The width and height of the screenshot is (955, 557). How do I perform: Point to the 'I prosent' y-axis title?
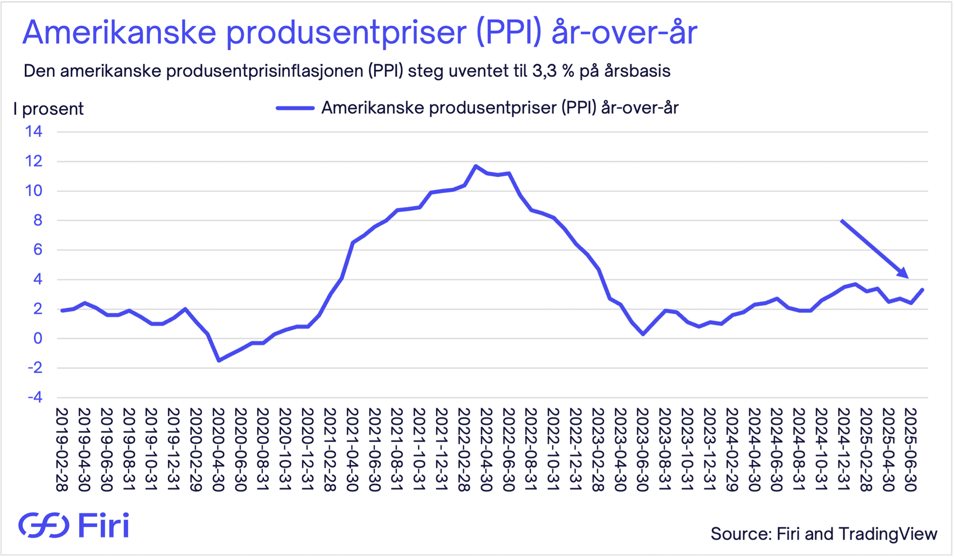[x=49, y=109]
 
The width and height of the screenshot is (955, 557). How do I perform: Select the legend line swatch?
[x=295, y=108]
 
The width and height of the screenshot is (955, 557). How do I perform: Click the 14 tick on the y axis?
[x=34, y=132]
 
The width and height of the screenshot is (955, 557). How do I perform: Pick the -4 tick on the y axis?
[x=34, y=397]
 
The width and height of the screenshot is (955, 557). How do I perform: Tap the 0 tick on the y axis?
[x=38, y=339]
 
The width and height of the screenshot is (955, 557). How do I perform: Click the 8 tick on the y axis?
[x=38, y=220]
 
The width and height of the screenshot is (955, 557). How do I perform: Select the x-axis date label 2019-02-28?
[x=62, y=450]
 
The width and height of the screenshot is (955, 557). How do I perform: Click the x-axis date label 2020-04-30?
[x=218, y=450]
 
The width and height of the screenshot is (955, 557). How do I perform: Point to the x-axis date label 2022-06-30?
[x=509, y=450]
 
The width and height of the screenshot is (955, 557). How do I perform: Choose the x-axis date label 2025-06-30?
[x=911, y=450]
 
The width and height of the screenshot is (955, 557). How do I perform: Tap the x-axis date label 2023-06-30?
[x=643, y=450]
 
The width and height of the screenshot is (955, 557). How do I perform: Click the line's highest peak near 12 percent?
[x=476, y=166]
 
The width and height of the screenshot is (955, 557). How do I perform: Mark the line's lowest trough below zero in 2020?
[x=219, y=360]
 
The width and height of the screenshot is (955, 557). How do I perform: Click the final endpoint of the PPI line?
[x=923, y=289]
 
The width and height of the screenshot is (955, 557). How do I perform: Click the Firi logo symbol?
[x=44, y=525]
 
